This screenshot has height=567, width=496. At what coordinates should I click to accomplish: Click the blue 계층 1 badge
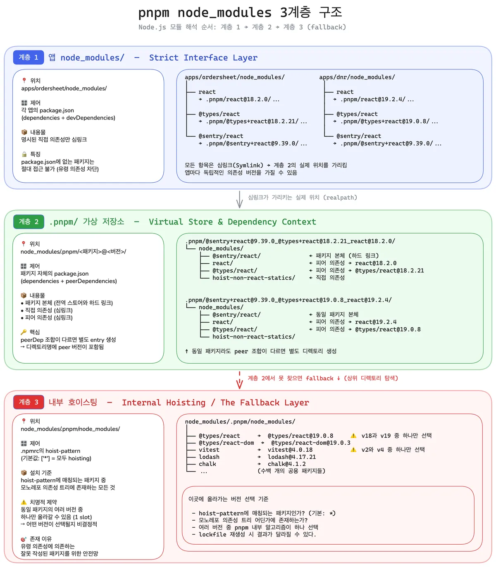tap(28, 57)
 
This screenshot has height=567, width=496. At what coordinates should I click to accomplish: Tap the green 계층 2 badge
tap(29, 222)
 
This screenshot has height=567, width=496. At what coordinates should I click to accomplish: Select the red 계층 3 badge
tap(29, 402)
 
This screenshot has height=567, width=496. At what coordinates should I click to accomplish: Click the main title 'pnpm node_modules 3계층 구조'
tap(240, 12)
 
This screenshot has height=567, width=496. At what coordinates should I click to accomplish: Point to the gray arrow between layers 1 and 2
tap(239, 199)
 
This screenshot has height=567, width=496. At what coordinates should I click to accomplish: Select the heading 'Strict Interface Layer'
tap(203, 58)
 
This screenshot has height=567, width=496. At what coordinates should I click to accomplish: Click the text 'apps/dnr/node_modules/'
tap(357, 77)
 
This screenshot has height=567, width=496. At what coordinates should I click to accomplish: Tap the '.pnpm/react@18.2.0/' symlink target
tap(238, 100)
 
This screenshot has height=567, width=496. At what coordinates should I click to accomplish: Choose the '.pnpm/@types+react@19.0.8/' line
tap(386, 121)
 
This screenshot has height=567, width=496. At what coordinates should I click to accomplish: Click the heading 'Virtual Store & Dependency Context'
tap(232, 222)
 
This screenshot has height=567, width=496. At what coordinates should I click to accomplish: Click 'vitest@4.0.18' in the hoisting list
tap(290, 450)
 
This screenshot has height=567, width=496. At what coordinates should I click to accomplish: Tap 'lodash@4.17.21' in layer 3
tap(291, 457)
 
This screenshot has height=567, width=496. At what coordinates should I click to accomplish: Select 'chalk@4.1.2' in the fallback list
tap(286, 464)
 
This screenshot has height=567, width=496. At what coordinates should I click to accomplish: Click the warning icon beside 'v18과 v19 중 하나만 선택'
tap(353, 436)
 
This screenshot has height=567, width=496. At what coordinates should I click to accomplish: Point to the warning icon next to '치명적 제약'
tap(24, 502)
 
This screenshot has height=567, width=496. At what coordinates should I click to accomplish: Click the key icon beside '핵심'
tap(24, 332)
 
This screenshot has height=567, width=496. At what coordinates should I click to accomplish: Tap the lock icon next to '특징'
tap(24, 154)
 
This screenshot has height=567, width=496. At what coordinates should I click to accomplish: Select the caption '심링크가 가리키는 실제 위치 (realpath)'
tap(302, 198)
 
